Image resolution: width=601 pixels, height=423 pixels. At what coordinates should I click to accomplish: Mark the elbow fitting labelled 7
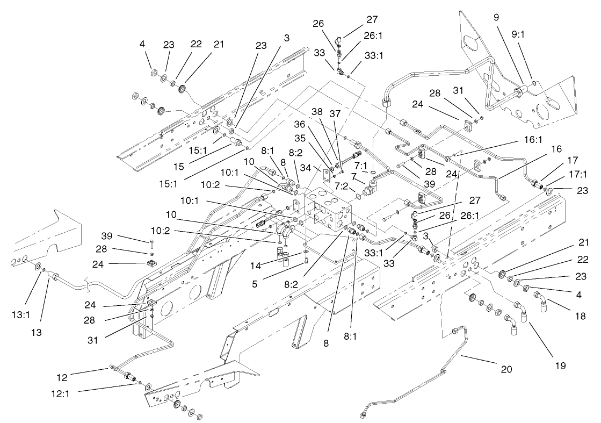[371, 191]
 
